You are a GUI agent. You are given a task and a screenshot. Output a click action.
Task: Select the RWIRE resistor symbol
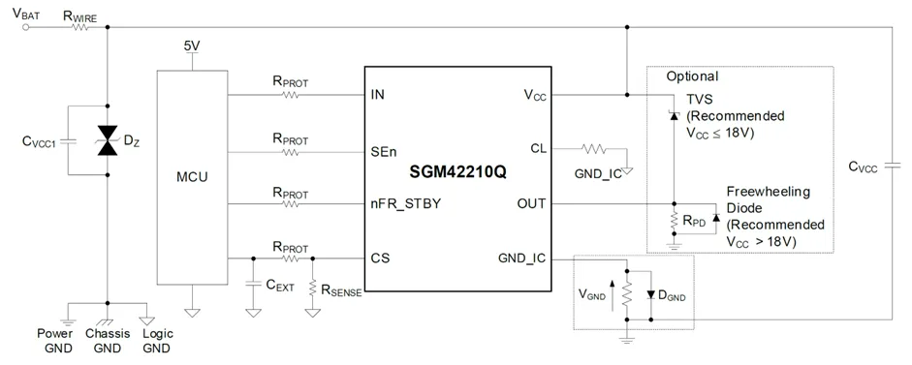tap(78, 27)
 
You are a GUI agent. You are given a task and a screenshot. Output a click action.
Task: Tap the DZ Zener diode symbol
tap(108, 141)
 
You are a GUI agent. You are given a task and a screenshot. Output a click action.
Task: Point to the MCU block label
tap(192, 178)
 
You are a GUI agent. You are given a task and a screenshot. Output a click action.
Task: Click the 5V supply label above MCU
tap(193, 46)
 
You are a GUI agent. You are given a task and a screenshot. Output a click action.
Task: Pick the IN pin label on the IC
tap(378, 95)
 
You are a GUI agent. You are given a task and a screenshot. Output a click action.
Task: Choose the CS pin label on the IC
tap(381, 259)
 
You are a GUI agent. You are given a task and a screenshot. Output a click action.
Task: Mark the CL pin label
tap(538, 148)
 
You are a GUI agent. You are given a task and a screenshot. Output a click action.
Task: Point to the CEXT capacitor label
tap(279, 286)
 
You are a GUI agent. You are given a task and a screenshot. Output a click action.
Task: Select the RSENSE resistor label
tap(340, 289)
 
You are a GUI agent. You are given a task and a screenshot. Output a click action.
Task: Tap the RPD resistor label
tap(692, 220)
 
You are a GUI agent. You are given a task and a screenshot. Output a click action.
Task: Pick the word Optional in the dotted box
tap(692, 76)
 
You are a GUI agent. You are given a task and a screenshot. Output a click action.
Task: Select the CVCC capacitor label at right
tap(862, 167)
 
